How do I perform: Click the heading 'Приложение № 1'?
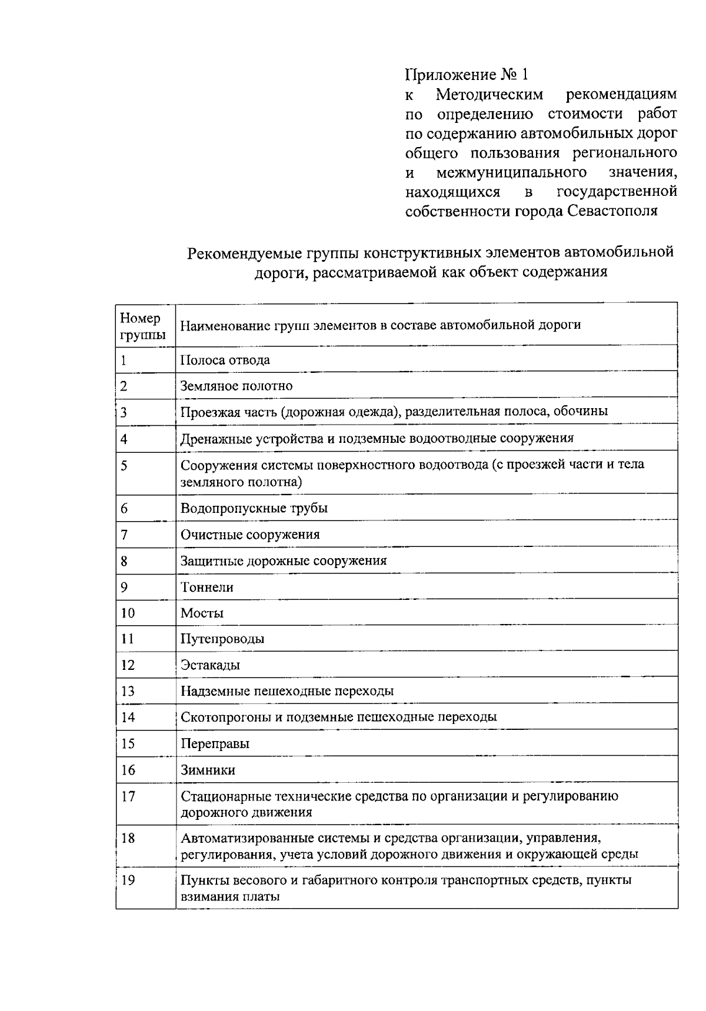pyautogui.click(x=467, y=75)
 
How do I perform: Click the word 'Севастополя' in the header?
pyautogui.click(x=612, y=211)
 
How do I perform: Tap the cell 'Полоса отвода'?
pyautogui.click(x=225, y=360)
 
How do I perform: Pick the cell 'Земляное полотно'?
pyautogui.click(x=237, y=386)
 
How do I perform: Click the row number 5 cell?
pyautogui.click(x=124, y=466)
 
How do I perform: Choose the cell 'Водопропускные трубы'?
pyautogui.click(x=254, y=508)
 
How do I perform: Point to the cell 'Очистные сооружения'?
pyautogui.click(x=250, y=535)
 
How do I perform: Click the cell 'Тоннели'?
pyautogui.click(x=207, y=587)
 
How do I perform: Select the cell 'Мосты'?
pyautogui.click(x=202, y=613)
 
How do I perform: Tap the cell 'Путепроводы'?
pyautogui.click(x=222, y=639)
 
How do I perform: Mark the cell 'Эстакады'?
pyautogui.click(x=210, y=665)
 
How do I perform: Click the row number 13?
pyautogui.click(x=128, y=691)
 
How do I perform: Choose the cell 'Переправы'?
pyautogui.click(x=215, y=743)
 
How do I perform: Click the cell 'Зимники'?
pyautogui.click(x=208, y=770)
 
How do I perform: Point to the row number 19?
pyautogui.click(x=128, y=880)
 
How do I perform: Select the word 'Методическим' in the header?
pyautogui.click(x=489, y=94)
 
